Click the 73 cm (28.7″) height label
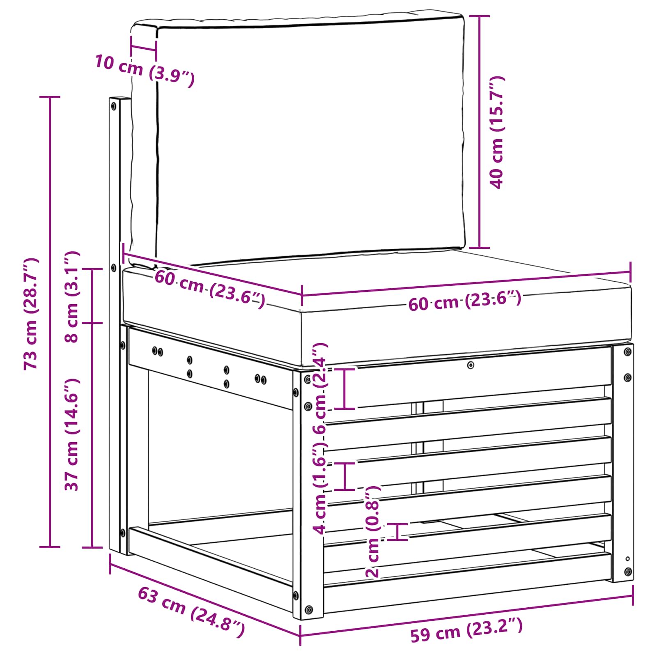31,314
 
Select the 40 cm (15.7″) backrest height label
497,132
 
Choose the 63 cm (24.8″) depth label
191,611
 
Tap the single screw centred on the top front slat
471,365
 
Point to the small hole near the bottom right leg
627,558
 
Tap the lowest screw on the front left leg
309,609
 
